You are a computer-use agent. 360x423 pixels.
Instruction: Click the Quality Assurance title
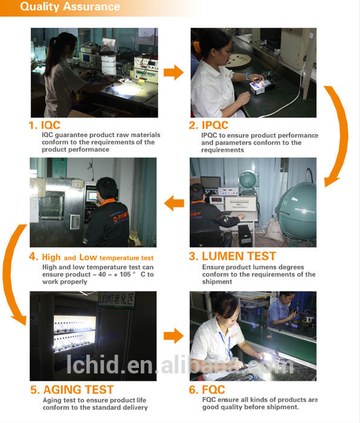(x=70, y=7)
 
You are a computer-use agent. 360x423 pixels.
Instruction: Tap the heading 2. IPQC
(x=208, y=125)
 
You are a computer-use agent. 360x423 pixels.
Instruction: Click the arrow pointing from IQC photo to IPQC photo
(x=173, y=73)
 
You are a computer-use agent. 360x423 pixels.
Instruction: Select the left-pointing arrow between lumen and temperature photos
(x=174, y=204)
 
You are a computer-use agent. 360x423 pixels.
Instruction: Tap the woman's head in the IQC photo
(x=66, y=45)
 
